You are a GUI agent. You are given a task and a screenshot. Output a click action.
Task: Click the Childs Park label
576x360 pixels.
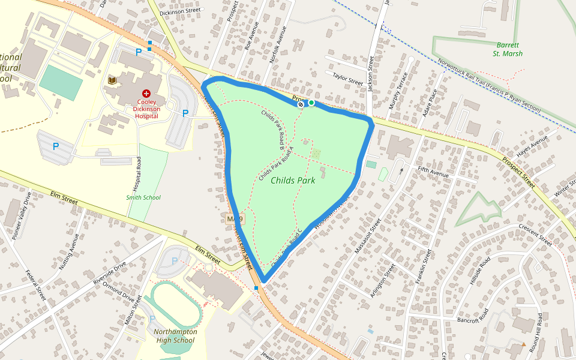(x=293, y=180)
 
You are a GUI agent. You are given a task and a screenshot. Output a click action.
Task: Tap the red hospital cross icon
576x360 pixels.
(x=146, y=94)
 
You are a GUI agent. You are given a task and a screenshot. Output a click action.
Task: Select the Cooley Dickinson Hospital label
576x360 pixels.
(x=146, y=109)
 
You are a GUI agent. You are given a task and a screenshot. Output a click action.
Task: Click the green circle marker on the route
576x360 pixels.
(x=311, y=103)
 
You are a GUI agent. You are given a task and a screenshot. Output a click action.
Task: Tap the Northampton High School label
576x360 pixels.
(x=175, y=336)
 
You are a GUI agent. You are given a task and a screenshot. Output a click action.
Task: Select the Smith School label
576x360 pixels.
(x=143, y=197)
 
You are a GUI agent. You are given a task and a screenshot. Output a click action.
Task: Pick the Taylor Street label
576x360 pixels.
(x=348, y=78)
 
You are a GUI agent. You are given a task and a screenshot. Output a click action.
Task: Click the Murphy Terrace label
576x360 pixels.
(x=398, y=91)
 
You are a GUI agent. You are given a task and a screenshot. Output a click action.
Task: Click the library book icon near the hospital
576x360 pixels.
(x=112, y=80)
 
